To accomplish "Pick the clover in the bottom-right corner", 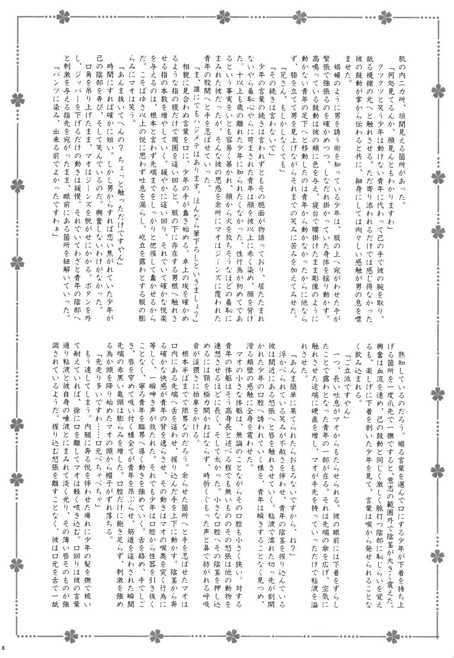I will coord(434,636).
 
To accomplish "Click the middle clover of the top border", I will coord(227,17).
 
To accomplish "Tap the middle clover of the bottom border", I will coord(227,637).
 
